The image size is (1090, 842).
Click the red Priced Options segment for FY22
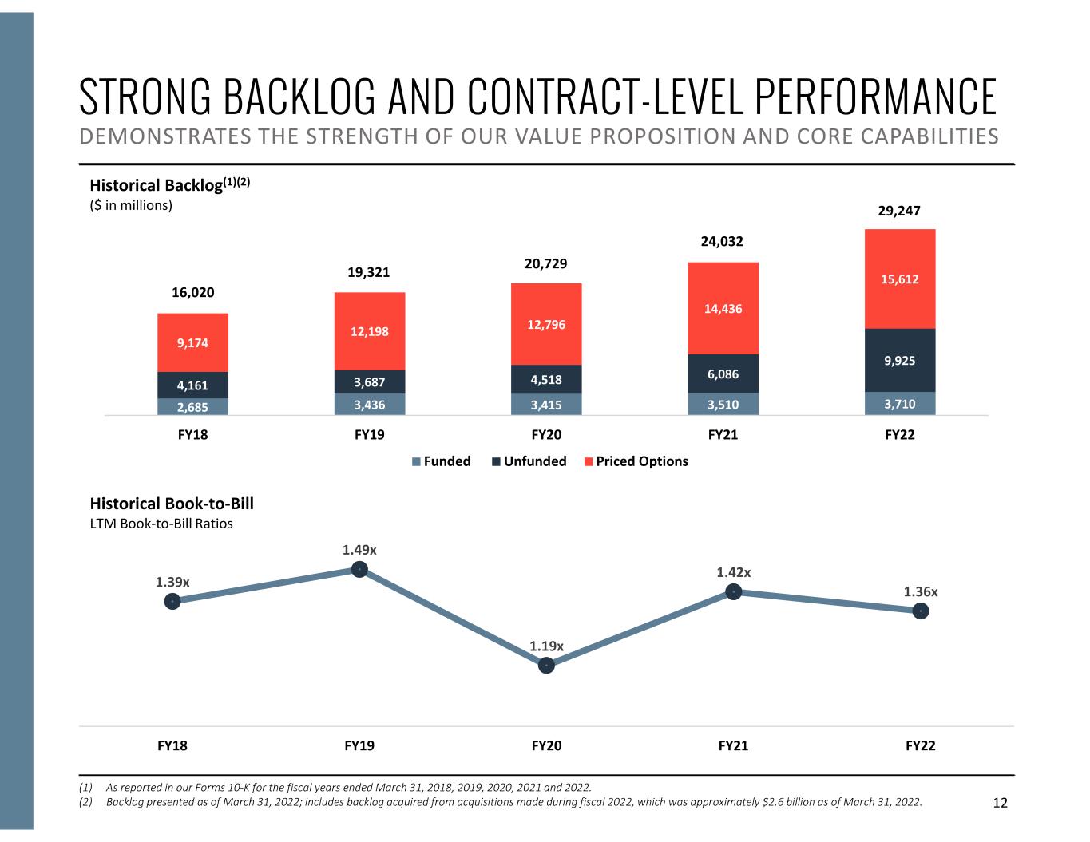pyautogui.click(x=900, y=279)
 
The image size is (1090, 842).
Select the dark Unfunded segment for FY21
pyautogui.click(x=723, y=374)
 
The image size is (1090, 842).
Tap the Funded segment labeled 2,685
pyautogui.click(x=192, y=406)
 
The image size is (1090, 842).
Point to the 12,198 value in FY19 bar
pyautogui.click(x=369, y=330)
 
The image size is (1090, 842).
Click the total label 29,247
pyautogui.click(x=899, y=211)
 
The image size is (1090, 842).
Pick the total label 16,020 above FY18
pyautogui.click(x=193, y=292)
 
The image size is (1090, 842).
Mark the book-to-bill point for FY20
pyautogui.click(x=546, y=665)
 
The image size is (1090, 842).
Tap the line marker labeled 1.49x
pyautogui.click(x=359, y=569)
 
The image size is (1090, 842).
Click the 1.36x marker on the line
pyautogui.click(x=921, y=611)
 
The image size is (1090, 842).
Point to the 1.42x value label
pyautogui.click(x=733, y=572)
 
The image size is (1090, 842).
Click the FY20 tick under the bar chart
pyautogui.click(x=546, y=435)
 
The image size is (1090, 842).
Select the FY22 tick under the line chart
pyautogui.click(x=920, y=745)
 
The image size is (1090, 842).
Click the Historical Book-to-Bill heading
pyautogui.click(x=172, y=504)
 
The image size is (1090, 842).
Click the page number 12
pyautogui.click(x=1000, y=803)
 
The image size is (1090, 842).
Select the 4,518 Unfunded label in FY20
pyautogui.click(x=546, y=379)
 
